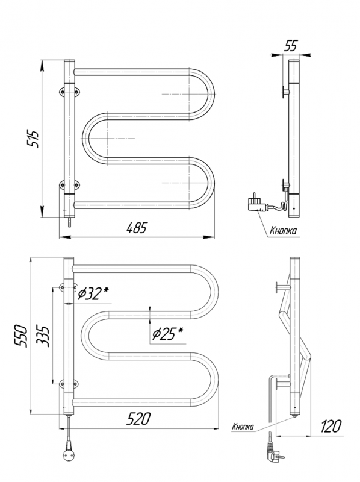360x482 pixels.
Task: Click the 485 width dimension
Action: tap(137, 228)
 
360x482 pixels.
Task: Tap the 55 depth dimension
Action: tap(290, 46)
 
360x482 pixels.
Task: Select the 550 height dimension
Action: tap(22, 336)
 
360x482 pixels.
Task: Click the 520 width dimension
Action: tap(139, 419)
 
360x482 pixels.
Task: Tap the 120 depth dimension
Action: tap(331, 427)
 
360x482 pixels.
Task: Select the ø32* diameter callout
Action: tap(94, 294)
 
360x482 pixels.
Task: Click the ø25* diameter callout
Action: tap(167, 334)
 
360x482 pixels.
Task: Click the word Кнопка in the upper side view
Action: tap(283, 231)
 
